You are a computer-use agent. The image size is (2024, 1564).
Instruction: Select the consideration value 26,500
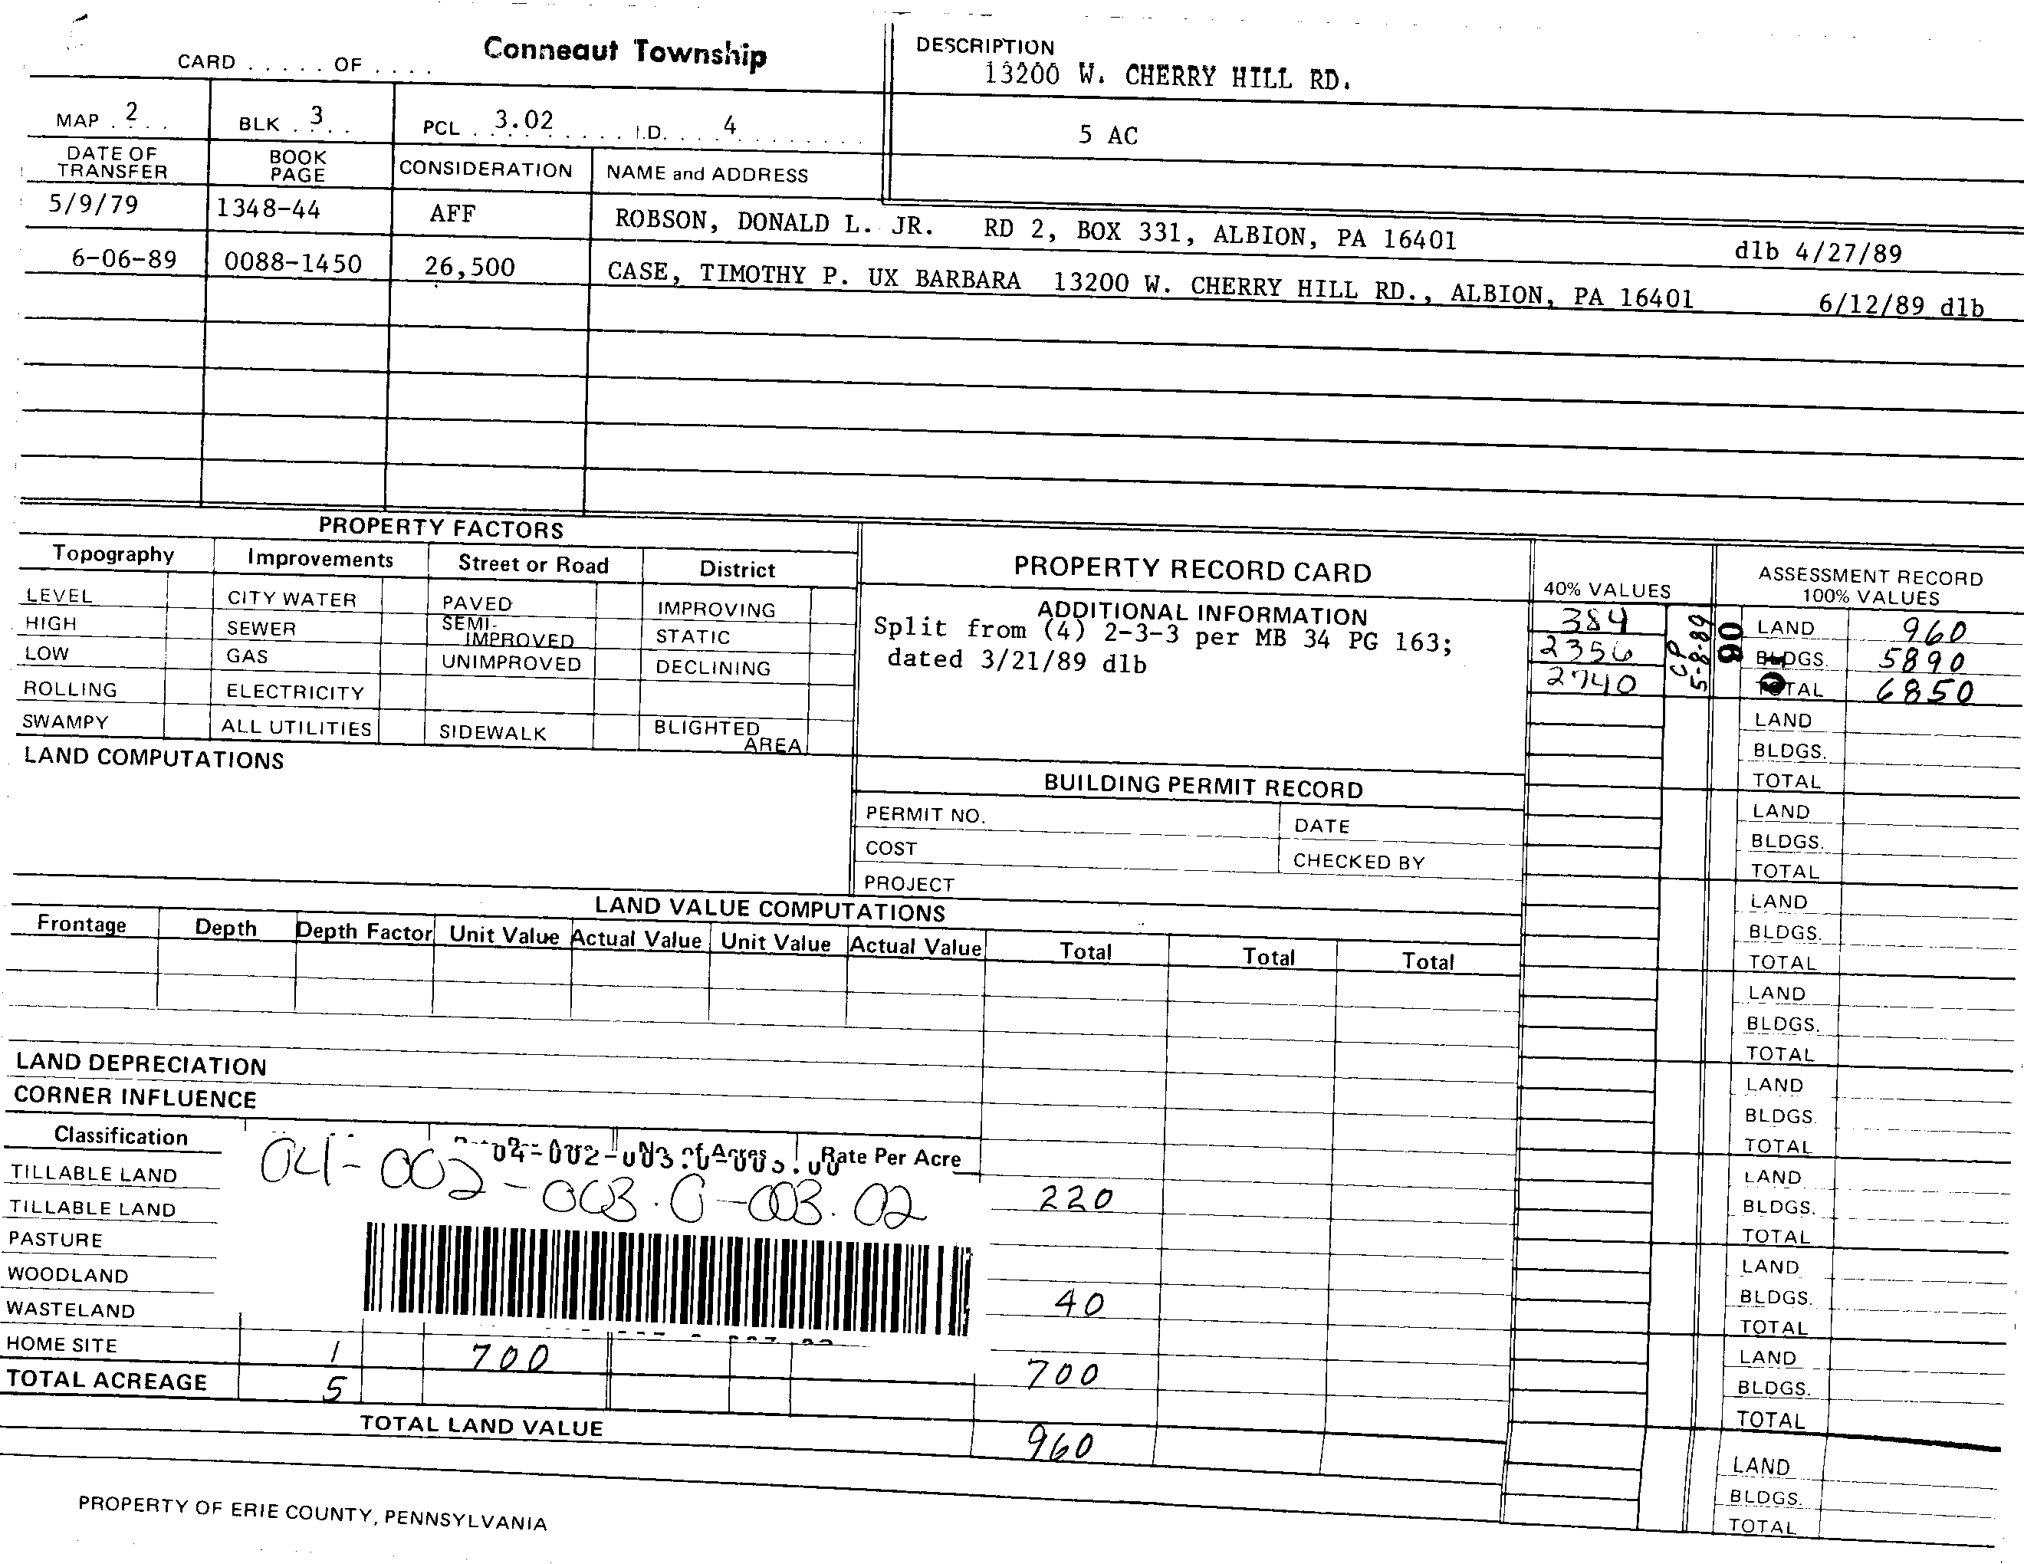(469, 267)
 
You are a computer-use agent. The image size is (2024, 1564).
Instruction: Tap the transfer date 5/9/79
(94, 204)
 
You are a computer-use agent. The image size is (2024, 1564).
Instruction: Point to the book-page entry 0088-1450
(293, 263)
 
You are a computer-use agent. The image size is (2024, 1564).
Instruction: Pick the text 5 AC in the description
(1108, 135)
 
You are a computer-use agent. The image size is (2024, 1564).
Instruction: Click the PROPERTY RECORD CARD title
(1192, 570)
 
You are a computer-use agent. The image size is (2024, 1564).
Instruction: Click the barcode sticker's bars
(667, 1279)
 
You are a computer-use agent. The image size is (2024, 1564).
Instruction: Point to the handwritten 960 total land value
(1060, 1444)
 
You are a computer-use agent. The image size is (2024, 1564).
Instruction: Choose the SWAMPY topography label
(66, 721)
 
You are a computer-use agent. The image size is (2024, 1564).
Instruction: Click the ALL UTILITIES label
(296, 728)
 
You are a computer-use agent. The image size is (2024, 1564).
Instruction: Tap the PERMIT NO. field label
(925, 814)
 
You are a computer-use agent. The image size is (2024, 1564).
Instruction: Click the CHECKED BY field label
(1359, 861)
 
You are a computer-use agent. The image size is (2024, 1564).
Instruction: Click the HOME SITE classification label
(62, 1345)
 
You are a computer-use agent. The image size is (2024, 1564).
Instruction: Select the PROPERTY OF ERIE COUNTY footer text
(312, 1512)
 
